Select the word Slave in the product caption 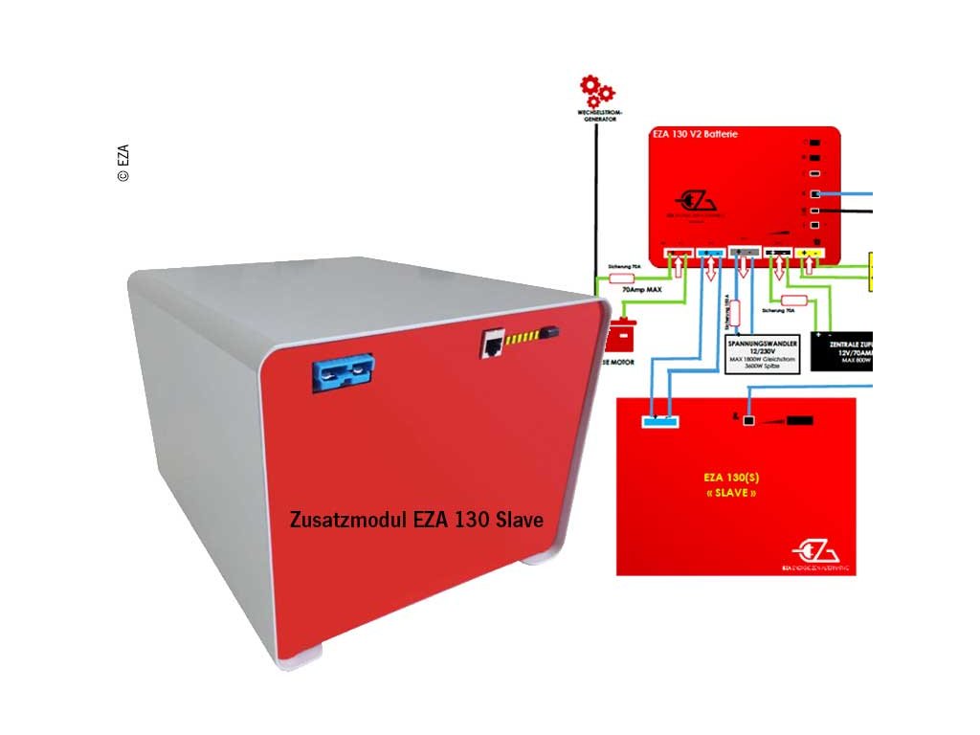click(520, 520)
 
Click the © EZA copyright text click(123, 163)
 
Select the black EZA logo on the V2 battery click(696, 203)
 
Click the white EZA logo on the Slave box click(815, 553)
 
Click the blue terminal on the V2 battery click(711, 256)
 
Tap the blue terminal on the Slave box click(660, 421)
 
